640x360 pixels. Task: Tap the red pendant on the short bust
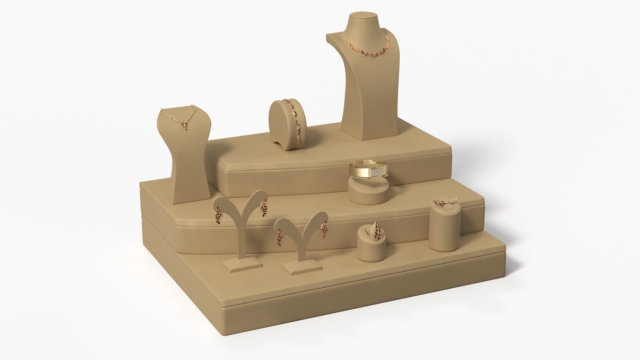(184, 125)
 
